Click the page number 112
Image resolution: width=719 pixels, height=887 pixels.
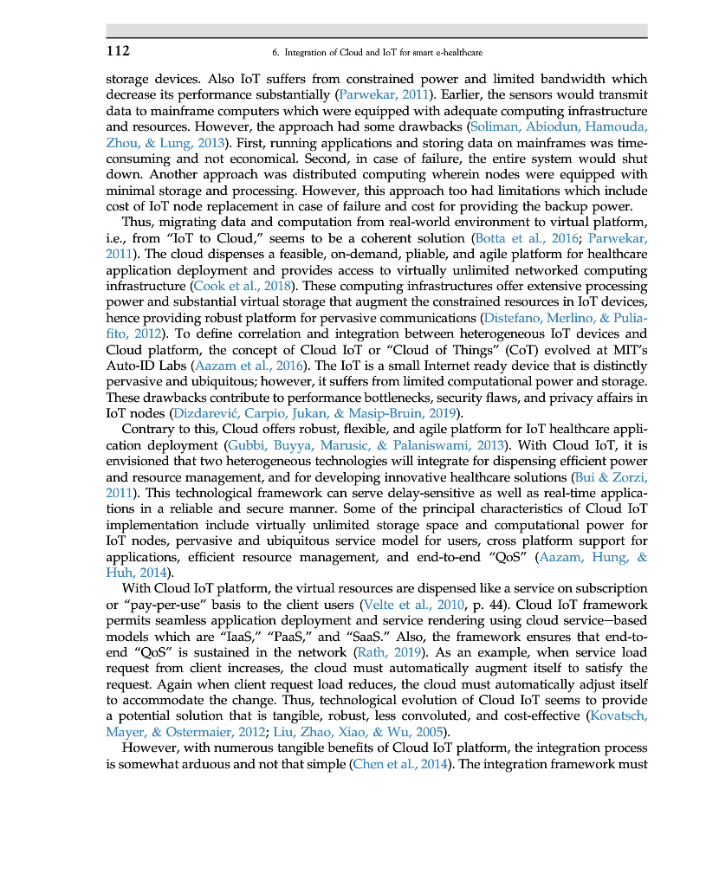(x=118, y=51)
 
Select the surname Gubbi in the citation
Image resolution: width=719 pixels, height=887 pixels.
(x=246, y=444)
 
